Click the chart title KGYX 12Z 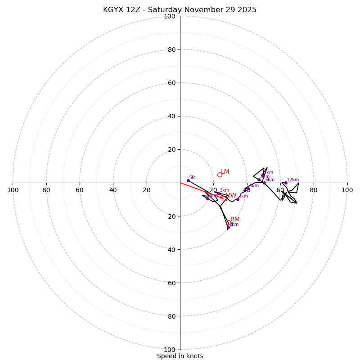(180, 10)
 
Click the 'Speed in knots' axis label (180, 356)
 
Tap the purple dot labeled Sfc (188, 180)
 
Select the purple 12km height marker (285, 183)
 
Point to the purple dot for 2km (228, 227)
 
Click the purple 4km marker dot (238, 199)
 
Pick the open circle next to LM (220, 175)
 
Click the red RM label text (235, 220)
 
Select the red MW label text (231, 196)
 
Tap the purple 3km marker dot (218, 193)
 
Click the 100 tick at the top (169, 16)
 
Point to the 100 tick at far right (347, 190)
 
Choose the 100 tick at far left (13, 190)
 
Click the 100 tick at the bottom (169, 350)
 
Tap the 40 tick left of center (113, 190)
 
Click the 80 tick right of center (314, 190)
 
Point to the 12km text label (293, 180)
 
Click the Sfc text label (192, 177)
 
